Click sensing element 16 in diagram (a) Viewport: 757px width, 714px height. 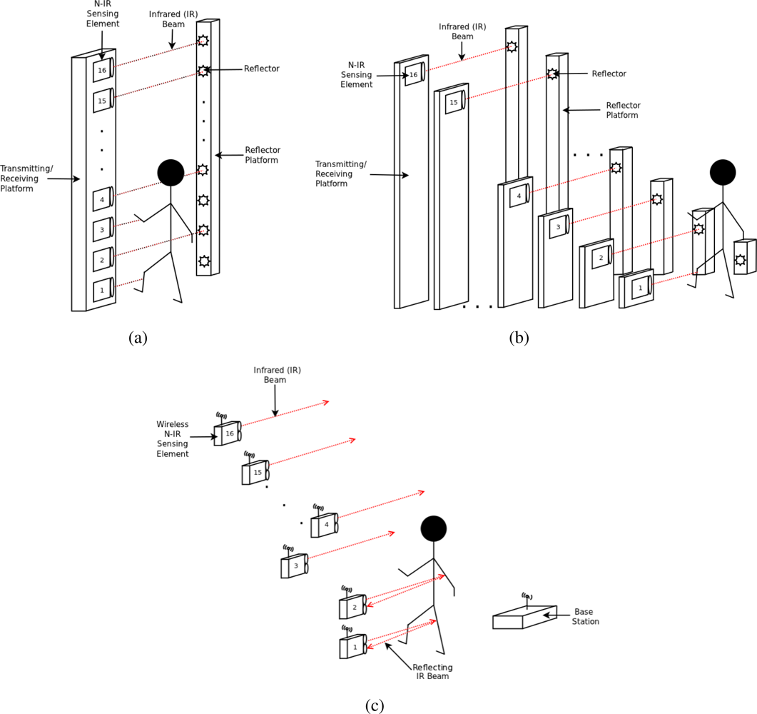click(103, 71)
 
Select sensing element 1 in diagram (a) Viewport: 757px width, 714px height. click(103, 291)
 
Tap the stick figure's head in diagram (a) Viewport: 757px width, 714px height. click(171, 173)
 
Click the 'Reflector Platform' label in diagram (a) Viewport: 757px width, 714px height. click(263, 155)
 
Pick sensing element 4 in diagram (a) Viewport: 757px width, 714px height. click(103, 200)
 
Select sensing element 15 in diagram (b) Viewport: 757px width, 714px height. click(454, 101)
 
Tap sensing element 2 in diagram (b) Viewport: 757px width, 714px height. click(601, 258)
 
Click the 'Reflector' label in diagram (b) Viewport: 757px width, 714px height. click(609, 74)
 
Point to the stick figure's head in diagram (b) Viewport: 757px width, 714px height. click(723, 173)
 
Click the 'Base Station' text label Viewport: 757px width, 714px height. click(586, 617)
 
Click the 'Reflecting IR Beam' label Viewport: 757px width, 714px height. click(432, 671)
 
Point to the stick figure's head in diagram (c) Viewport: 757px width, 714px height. click(433, 529)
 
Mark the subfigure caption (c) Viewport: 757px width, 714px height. click(375, 705)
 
